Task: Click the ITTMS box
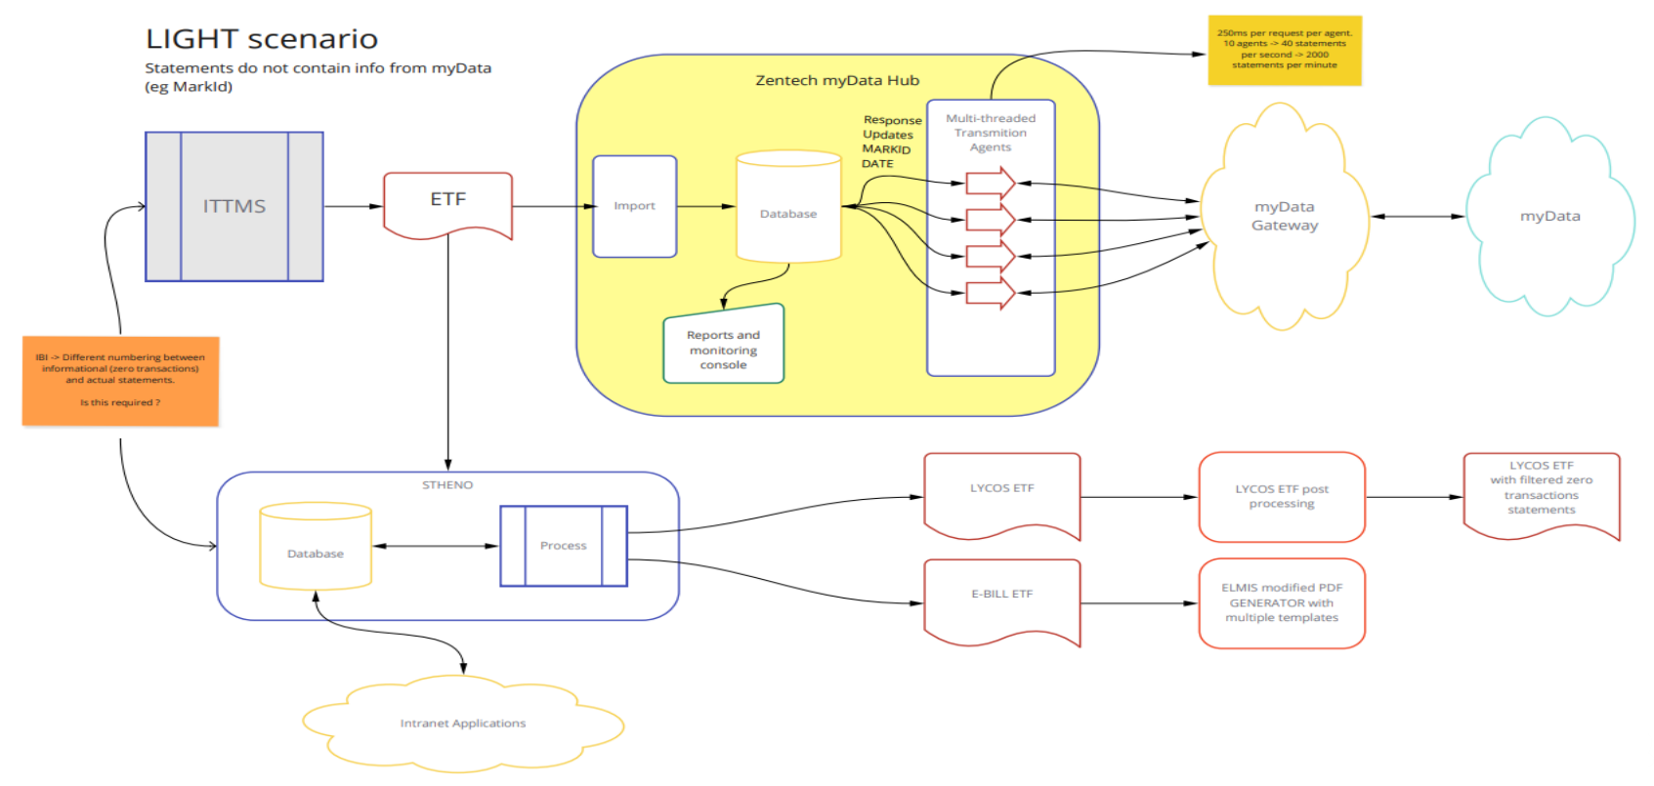tap(234, 206)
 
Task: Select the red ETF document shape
tap(447, 203)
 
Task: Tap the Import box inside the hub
tap(635, 206)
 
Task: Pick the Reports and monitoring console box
tap(724, 348)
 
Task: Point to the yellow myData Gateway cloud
tap(1285, 216)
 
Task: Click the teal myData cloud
tap(1549, 216)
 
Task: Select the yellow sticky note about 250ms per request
tap(1285, 50)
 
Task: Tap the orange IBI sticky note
tap(120, 381)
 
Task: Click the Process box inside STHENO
tap(564, 546)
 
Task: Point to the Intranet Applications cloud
tap(463, 724)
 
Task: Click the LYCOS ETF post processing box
tap(1282, 497)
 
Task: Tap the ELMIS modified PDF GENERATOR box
tap(1282, 602)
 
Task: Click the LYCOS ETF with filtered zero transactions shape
tap(1542, 492)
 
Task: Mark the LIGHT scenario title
tap(262, 39)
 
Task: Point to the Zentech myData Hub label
tap(837, 80)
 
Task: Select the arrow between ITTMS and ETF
tap(353, 206)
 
